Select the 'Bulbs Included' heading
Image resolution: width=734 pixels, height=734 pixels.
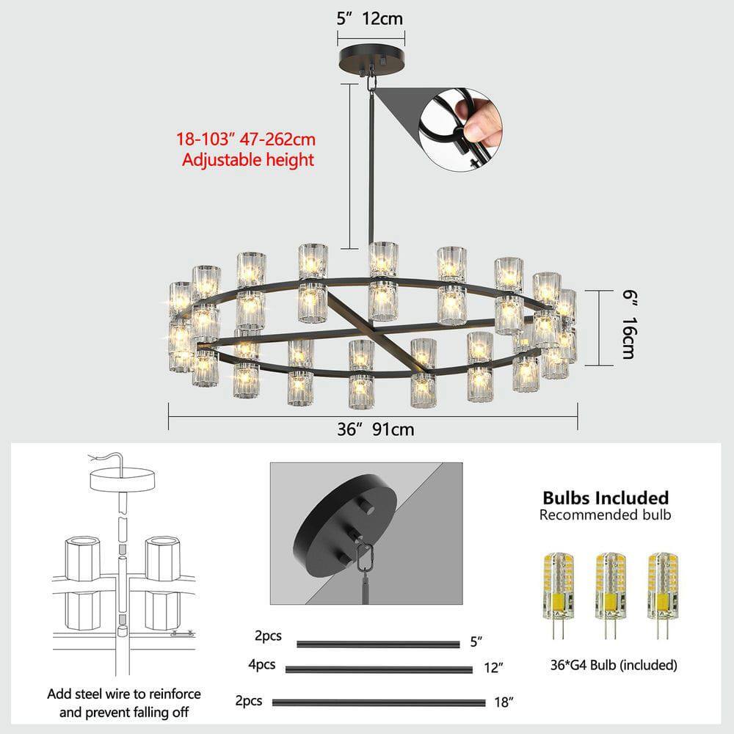coord(606,498)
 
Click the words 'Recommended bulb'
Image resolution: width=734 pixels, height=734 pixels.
coord(605,515)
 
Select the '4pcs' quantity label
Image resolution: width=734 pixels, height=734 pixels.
coord(262,666)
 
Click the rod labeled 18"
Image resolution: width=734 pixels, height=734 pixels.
coord(379,702)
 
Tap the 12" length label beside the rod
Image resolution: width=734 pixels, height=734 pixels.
coord(495,668)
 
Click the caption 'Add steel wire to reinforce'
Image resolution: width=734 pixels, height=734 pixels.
coord(124,694)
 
